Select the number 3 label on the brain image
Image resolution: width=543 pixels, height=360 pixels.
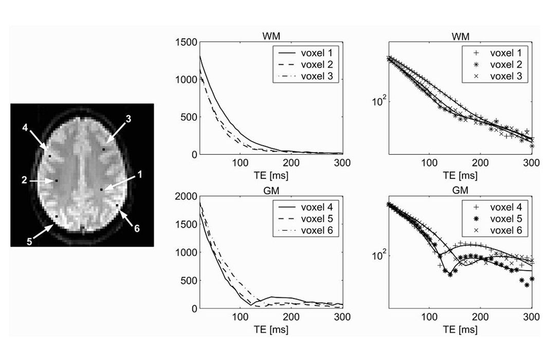pos(129,119)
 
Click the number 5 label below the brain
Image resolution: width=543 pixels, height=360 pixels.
pos(31,240)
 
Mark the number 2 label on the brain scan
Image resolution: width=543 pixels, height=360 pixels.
pos(24,181)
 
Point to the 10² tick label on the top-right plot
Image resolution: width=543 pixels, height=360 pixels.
pos(380,101)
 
